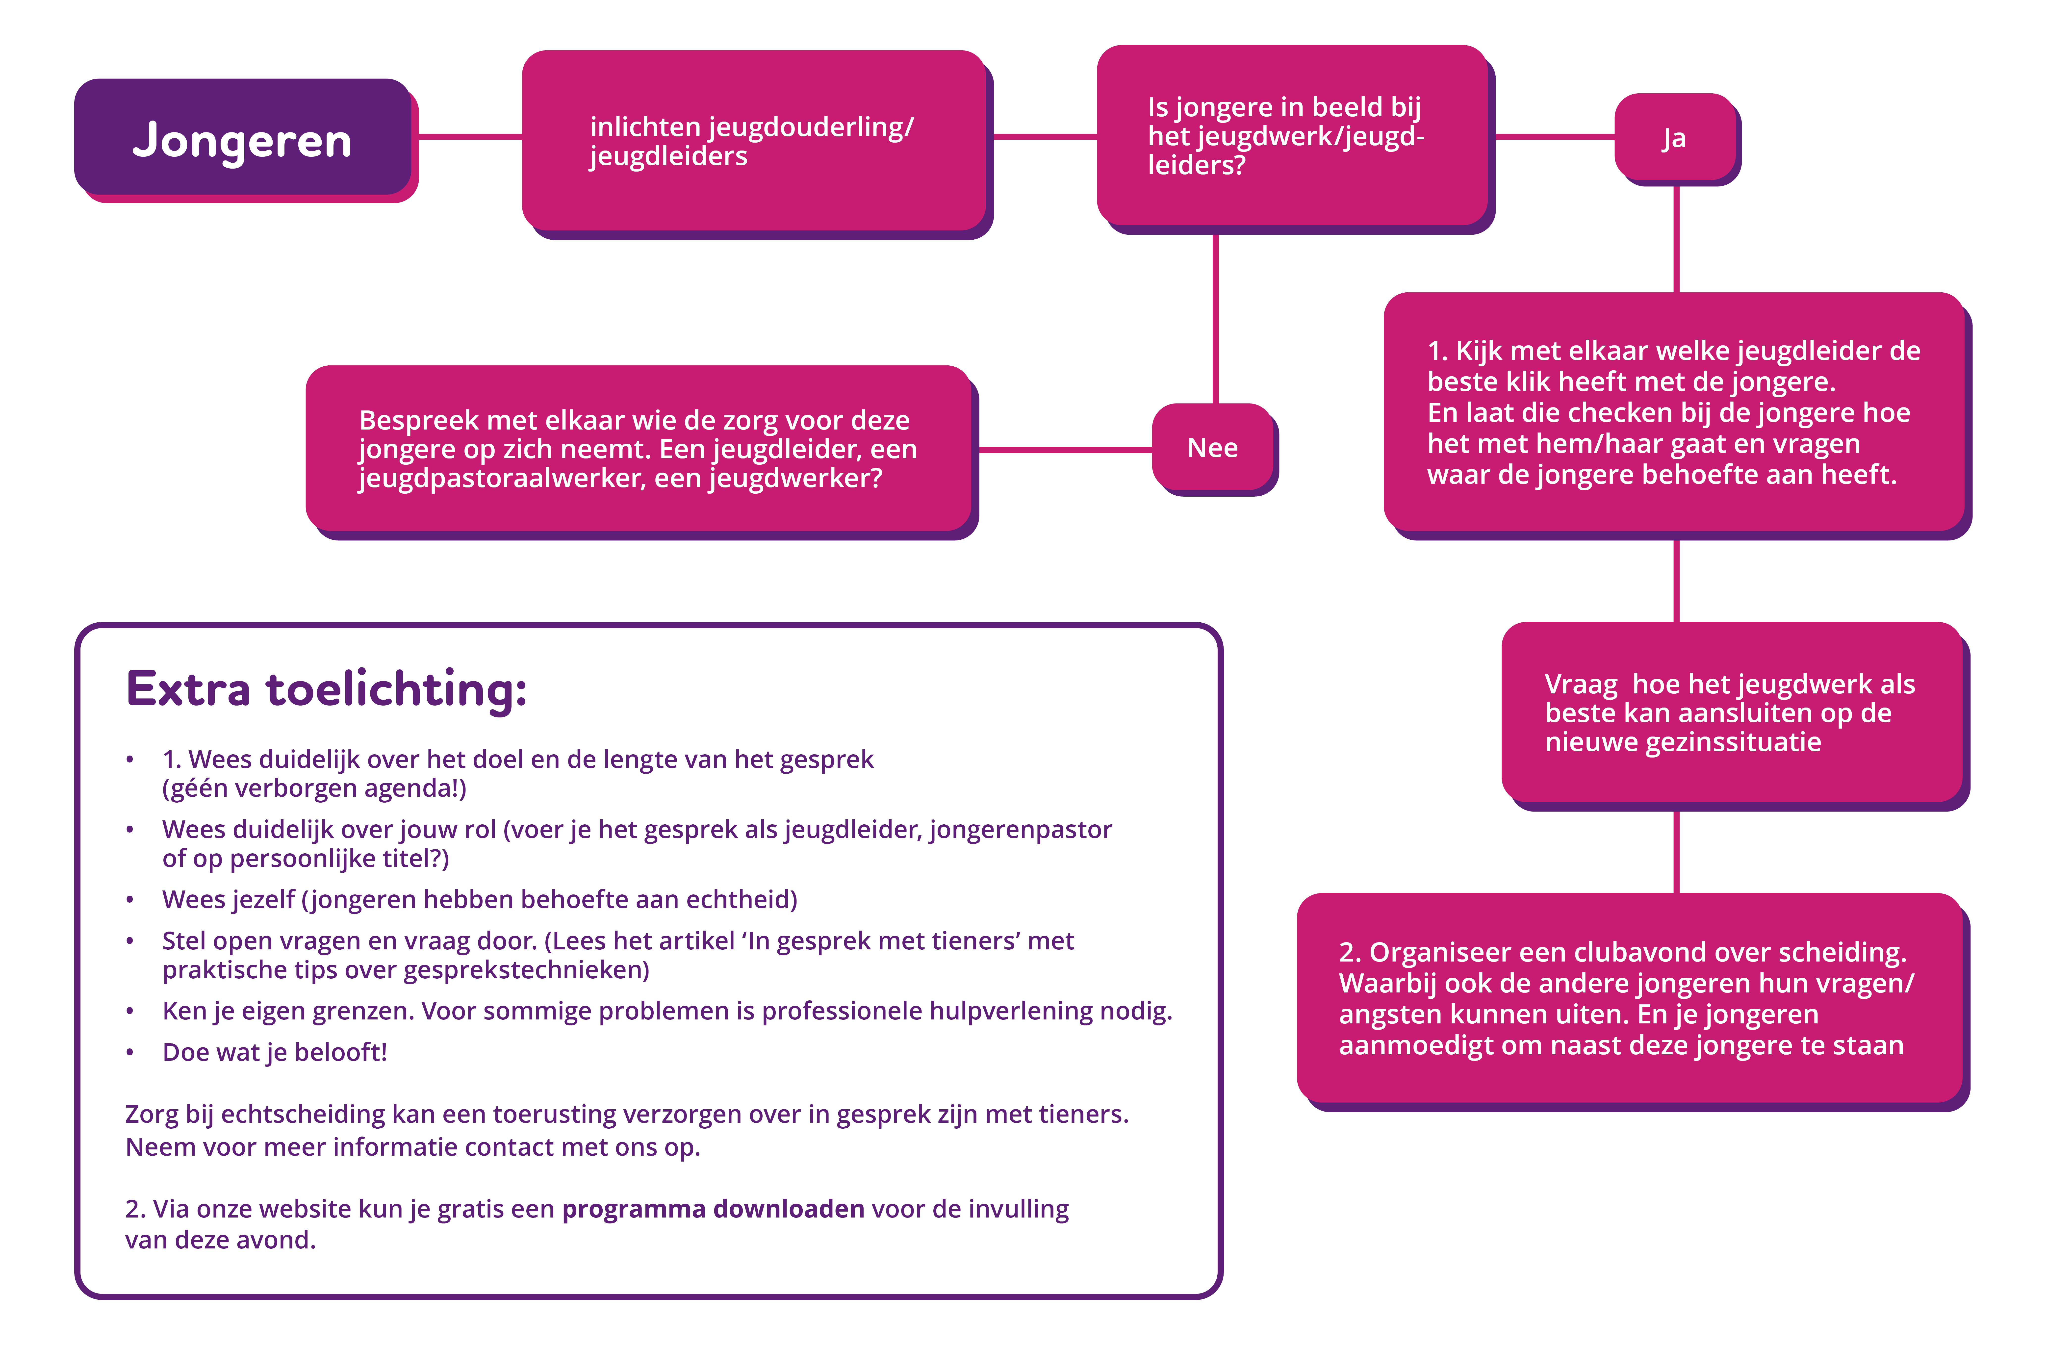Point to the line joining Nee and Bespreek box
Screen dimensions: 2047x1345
coord(1065,449)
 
